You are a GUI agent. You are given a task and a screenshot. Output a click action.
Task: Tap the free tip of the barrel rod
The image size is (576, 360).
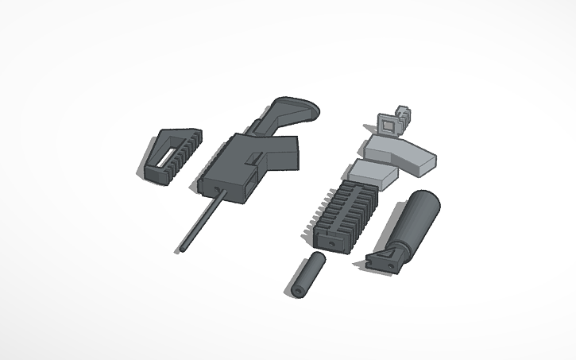tap(179, 251)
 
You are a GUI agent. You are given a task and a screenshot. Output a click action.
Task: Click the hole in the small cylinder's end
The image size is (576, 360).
tap(297, 290)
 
